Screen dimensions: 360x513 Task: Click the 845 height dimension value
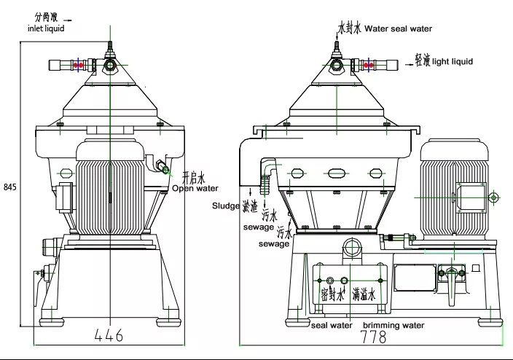coord(9,187)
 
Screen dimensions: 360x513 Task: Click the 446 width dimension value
coord(109,336)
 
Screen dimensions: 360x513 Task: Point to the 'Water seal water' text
coord(398,29)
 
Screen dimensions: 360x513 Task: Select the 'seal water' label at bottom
coord(332,325)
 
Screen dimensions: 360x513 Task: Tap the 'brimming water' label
coord(393,325)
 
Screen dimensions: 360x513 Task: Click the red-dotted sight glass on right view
coord(369,65)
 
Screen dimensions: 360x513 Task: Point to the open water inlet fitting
coord(166,171)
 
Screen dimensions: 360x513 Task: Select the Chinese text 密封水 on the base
coord(332,294)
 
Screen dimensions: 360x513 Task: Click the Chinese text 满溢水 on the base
coord(363,294)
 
